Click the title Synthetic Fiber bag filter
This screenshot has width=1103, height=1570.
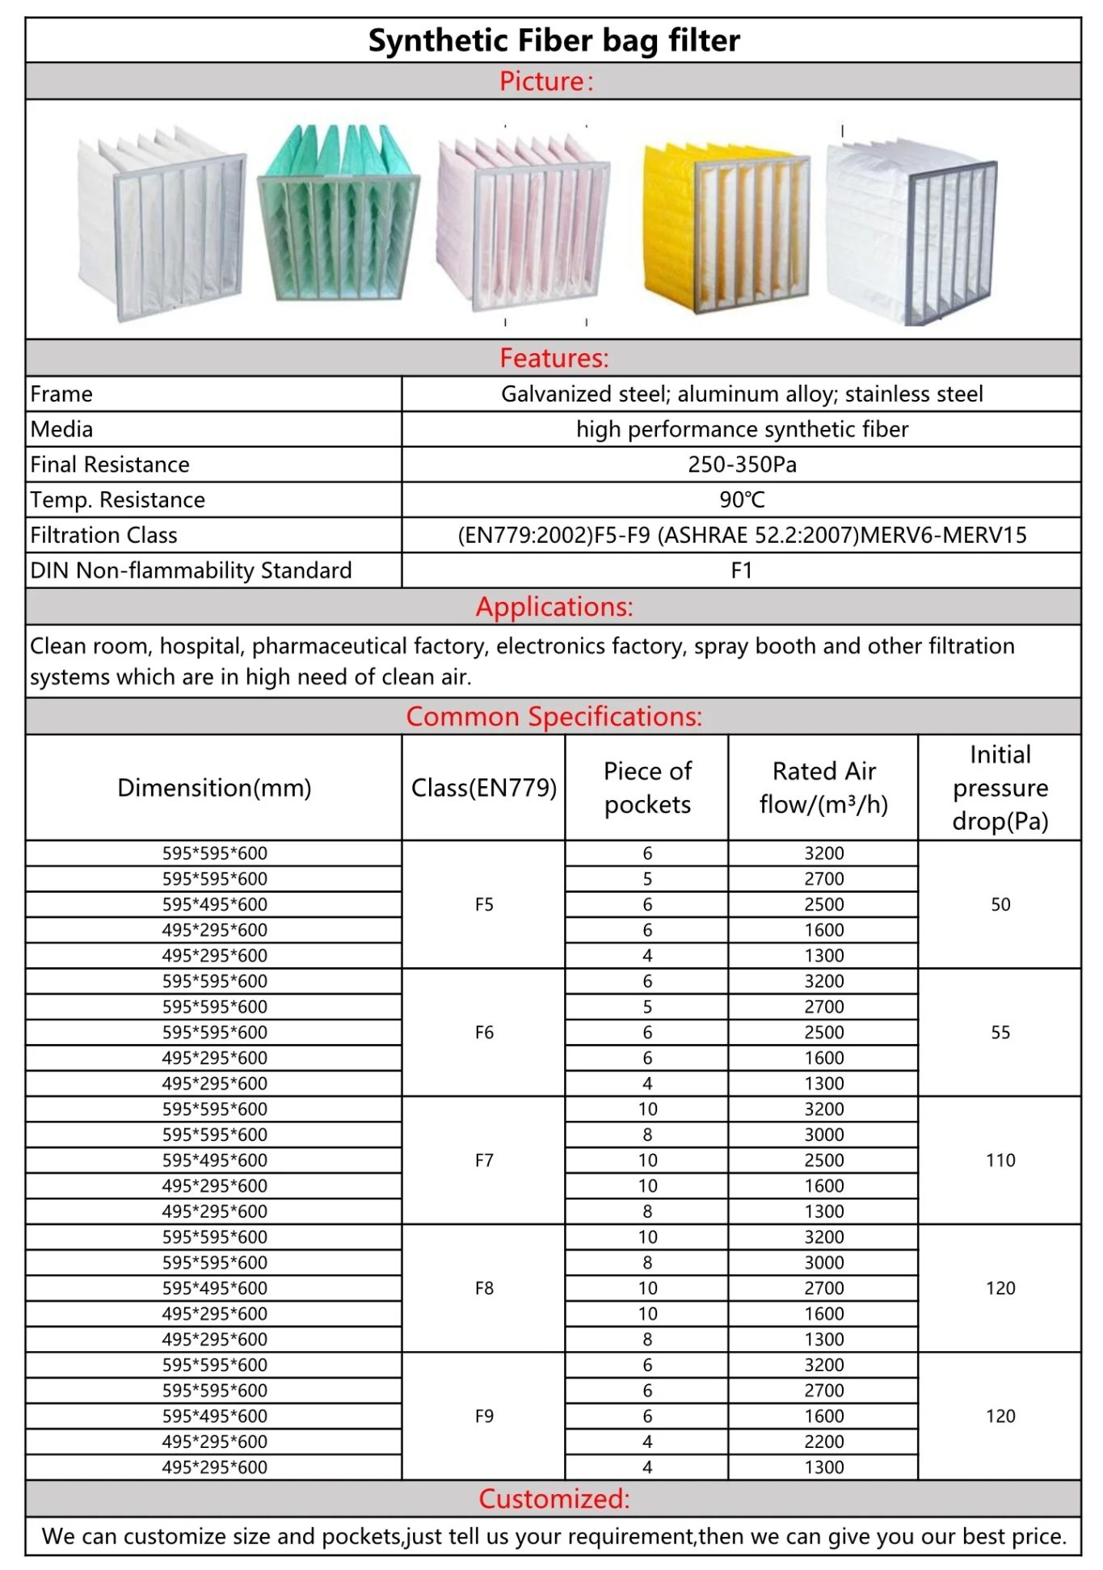tap(554, 40)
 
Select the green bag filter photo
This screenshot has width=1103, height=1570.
tap(339, 214)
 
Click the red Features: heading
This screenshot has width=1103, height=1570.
tap(554, 358)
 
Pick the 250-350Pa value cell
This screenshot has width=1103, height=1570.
tap(742, 465)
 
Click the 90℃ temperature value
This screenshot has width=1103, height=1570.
tap(742, 499)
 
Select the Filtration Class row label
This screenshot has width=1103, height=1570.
tap(103, 535)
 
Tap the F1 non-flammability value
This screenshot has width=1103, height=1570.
tap(742, 570)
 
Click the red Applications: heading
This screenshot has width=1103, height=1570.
tap(554, 607)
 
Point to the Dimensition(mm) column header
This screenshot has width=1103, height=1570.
tap(214, 788)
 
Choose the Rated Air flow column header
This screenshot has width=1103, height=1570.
tap(823, 788)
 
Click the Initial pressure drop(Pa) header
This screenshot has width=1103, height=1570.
tap(1000, 788)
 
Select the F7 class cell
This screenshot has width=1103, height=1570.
tap(484, 1160)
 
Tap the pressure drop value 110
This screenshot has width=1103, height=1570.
tap(1000, 1160)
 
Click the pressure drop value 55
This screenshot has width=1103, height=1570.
tap(1000, 1033)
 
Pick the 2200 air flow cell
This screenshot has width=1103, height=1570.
tap(823, 1442)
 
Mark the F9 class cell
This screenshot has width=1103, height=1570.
tap(484, 1416)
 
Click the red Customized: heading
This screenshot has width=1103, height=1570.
tap(554, 1499)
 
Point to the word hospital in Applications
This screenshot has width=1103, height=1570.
tap(202, 646)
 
